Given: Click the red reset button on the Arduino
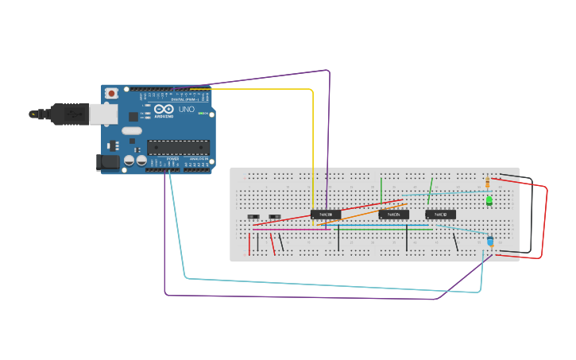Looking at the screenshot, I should coord(111,93).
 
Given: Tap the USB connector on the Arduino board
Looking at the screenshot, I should coord(102,114).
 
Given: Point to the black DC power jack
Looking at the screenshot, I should coord(107,162).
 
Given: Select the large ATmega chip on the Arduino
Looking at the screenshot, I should coord(178,146).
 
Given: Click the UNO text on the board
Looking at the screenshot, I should coord(187,109).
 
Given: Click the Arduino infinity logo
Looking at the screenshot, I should coord(164,109).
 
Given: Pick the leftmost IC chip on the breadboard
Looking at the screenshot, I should coord(325,215).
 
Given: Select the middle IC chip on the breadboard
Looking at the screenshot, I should coord(393,215).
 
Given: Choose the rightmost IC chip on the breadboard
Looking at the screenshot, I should coord(440,215).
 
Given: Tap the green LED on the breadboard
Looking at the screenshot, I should coord(489,200).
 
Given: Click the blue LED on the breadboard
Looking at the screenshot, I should coord(489,240).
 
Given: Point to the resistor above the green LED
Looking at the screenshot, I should coord(487,184).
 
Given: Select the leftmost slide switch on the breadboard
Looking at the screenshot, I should coord(253,216).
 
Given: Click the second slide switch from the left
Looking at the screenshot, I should coord(274,216).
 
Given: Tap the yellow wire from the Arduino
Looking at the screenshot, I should coord(313,143).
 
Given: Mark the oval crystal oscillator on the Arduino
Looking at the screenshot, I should coord(132,131).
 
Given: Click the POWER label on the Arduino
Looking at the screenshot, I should coord(172,158).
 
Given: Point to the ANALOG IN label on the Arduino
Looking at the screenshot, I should coord(199,158).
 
